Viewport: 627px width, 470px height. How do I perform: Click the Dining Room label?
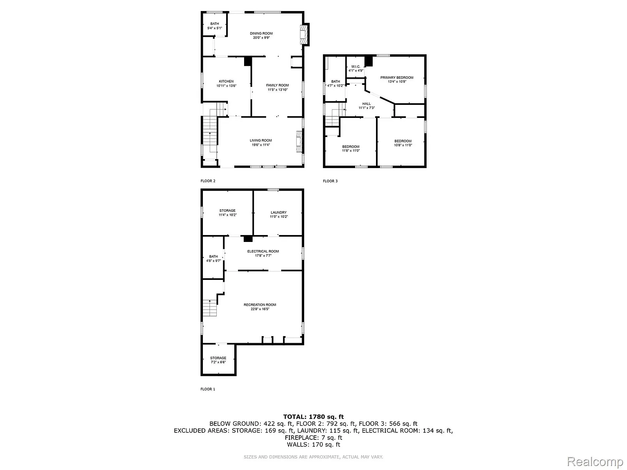(x=261, y=33)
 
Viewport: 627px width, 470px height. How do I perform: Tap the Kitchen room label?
(x=226, y=81)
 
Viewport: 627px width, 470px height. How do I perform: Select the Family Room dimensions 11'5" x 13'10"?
(x=278, y=90)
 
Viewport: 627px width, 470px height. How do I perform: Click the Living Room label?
(x=261, y=140)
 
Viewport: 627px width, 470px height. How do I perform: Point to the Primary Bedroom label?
(x=397, y=78)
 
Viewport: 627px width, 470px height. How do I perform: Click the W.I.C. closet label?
(x=356, y=67)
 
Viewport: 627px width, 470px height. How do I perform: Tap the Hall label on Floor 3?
(x=367, y=104)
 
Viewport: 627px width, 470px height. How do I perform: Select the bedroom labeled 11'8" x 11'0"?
(x=351, y=149)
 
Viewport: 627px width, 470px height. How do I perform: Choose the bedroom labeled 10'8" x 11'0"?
(x=403, y=143)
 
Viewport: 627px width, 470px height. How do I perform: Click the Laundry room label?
(x=279, y=213)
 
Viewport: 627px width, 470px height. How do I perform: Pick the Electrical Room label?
(x=263, y=251)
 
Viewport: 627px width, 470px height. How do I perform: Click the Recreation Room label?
(x=260, y=305)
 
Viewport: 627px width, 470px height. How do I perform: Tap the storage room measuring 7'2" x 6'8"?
(x=218, y=360)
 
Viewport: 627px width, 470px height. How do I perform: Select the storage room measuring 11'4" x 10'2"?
(x=227, y=213)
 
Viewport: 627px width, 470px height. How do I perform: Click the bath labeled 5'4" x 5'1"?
(x=215, y=26)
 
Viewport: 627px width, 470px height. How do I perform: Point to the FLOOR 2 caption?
(x=208, y=181)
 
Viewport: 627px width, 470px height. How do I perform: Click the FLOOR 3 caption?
(x=330, y=181)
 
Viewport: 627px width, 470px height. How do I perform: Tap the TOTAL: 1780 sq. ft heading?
(x=313, y=417)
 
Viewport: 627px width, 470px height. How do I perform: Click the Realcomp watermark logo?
(x=595, y=462)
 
